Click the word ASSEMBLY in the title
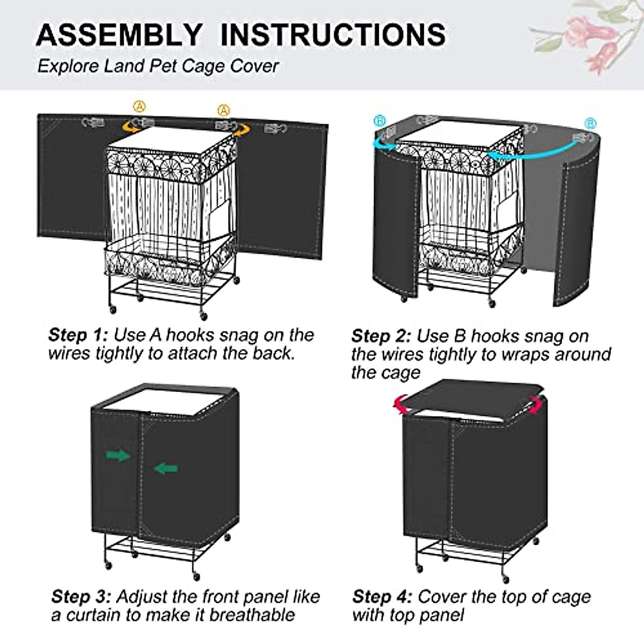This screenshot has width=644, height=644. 119,35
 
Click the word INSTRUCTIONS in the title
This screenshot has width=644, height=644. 333,35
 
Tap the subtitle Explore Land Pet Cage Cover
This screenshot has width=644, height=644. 158,67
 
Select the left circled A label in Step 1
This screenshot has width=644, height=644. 140,106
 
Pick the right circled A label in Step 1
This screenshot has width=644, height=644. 224,110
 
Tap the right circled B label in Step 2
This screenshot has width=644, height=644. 590,124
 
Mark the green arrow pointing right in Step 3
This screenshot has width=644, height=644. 118,456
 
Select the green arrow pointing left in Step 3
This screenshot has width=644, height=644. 166,468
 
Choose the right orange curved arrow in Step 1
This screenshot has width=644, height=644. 241,129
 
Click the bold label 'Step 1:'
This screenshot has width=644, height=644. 78,335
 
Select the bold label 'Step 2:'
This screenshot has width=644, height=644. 381,336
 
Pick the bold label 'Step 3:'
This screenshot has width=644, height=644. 82,597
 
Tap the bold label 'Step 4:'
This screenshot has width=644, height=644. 382,597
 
